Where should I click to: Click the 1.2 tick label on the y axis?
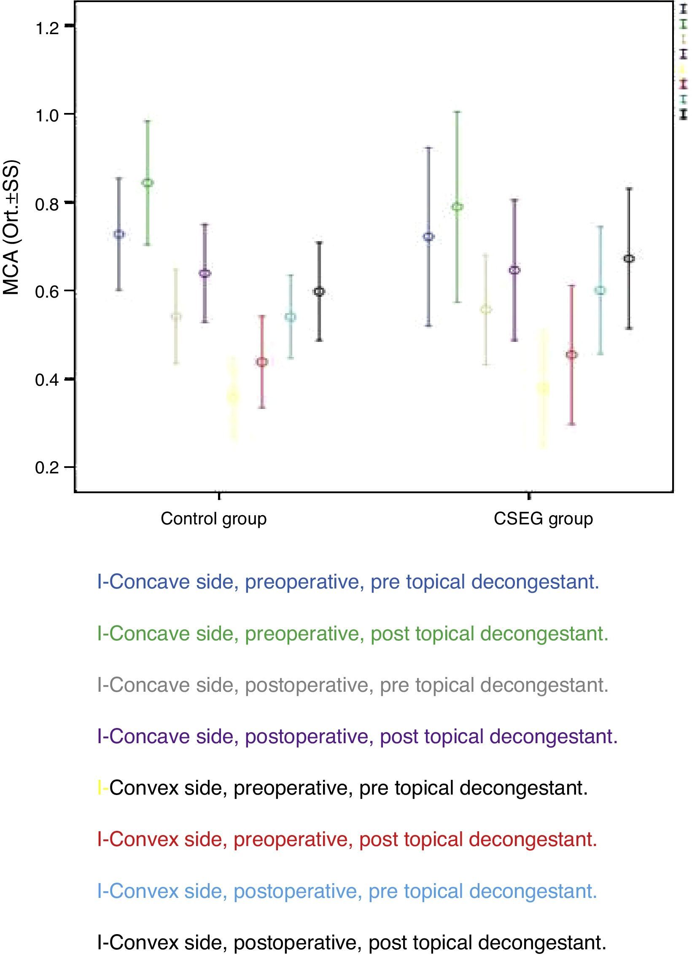(47, 29)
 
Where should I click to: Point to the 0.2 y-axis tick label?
(47, 468)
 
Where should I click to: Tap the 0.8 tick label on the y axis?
(47, 204)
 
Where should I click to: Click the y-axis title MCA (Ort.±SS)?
(11, 228)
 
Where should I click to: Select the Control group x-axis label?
(214, 518)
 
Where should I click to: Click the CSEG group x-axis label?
(543, 518)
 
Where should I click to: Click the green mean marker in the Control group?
(148, 183)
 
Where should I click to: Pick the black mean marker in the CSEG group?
(630, 258)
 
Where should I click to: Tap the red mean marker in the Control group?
(262, 362)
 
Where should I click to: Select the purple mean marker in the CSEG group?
(515, 270)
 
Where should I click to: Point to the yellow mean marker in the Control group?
(233, 396)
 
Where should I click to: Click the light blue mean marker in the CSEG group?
(600, 290)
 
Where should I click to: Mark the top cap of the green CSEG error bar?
(457, 112)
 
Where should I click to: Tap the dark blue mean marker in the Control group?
(119, 234)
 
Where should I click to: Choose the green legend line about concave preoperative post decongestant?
(353, 634)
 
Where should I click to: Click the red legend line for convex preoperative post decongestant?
(347, 839)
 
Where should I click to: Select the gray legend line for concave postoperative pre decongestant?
(353, 685)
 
